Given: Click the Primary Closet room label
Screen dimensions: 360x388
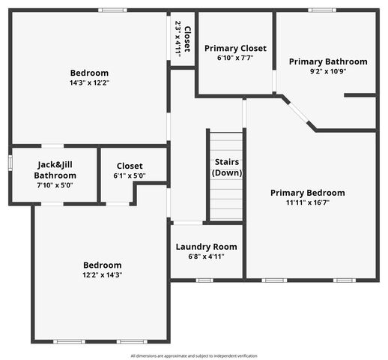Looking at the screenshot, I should (x=234, y=48).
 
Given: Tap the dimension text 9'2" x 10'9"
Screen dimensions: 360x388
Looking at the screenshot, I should (x=328, y=71).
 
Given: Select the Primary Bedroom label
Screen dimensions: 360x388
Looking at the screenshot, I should (x=308, y=192).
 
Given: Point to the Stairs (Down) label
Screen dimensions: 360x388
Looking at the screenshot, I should (x=227, y=166).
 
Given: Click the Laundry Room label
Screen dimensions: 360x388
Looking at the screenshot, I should (x=206, y=247).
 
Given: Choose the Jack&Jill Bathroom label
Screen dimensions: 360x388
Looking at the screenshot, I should (x=55, y=169).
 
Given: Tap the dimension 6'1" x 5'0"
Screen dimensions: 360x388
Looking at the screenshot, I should (x=130, y=175).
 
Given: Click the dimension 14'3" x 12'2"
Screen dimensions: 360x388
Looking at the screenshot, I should (x=89, y=82).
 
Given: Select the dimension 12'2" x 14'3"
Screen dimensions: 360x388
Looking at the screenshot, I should (x=102, y=274).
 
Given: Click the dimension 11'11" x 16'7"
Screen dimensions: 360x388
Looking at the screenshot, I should (x=308, y=202).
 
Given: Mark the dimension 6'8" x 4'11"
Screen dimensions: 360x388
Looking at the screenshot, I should (x=206, y=256).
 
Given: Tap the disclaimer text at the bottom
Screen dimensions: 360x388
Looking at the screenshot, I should (x=194, y=355).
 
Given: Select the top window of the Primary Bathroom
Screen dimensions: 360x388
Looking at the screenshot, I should (x=322, y=10).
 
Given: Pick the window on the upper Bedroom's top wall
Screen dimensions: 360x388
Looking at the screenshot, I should (x=112, y=10).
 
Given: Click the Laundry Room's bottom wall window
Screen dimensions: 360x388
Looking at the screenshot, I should (x=204, y=280).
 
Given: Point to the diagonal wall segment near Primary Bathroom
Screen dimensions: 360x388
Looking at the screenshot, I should (x=299, y=112).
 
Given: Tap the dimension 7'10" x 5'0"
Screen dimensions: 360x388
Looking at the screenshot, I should (x=55, y=184).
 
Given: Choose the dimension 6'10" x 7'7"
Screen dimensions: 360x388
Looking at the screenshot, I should (x=234, y=58).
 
